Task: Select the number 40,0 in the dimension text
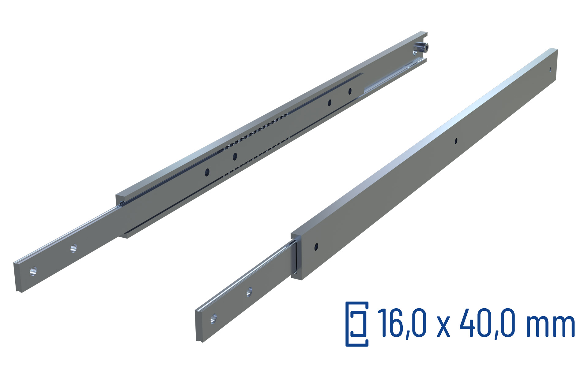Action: point(487,323)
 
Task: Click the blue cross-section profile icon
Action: point(357,324)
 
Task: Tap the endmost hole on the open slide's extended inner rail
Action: point(33,271)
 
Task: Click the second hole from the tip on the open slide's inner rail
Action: point(73,248)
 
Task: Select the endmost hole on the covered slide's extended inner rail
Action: point(214,319)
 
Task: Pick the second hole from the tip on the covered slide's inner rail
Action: point(250,292)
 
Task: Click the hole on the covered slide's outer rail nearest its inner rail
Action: point(316,246)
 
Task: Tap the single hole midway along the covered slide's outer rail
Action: point(456,141)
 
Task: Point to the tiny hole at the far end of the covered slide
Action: point(550,69)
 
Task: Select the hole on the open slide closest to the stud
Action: point(350,91)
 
